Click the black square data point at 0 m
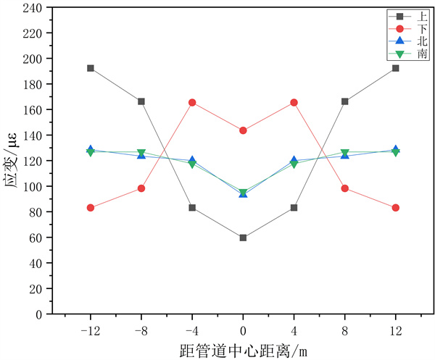pos(243,238)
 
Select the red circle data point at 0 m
pos(243,130)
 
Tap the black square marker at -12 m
pos(91,68)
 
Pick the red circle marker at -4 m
pos(192,102)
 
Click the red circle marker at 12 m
pos(395,208)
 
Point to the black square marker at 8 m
pos(344,101)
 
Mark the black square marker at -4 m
pos(192,208)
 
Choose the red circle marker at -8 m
pos(141,188)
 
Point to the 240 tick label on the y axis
pos(33,7)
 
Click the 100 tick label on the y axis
pos(33,186)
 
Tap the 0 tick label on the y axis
pos(40,314)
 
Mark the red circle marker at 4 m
pos(294,102)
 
